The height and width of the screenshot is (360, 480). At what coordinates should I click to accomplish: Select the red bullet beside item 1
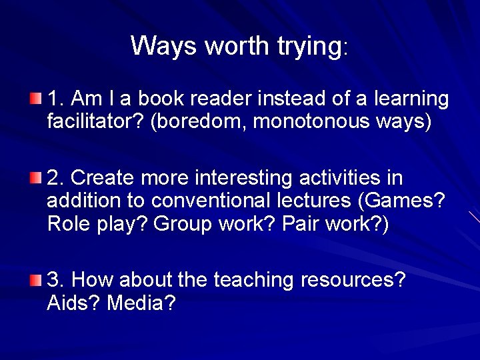(35, 99)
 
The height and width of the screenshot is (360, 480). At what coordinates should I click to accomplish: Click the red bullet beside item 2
(35, 178)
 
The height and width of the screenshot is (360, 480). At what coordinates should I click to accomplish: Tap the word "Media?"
(141, 303)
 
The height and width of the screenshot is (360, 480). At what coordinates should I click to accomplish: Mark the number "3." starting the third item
(56, 280)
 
